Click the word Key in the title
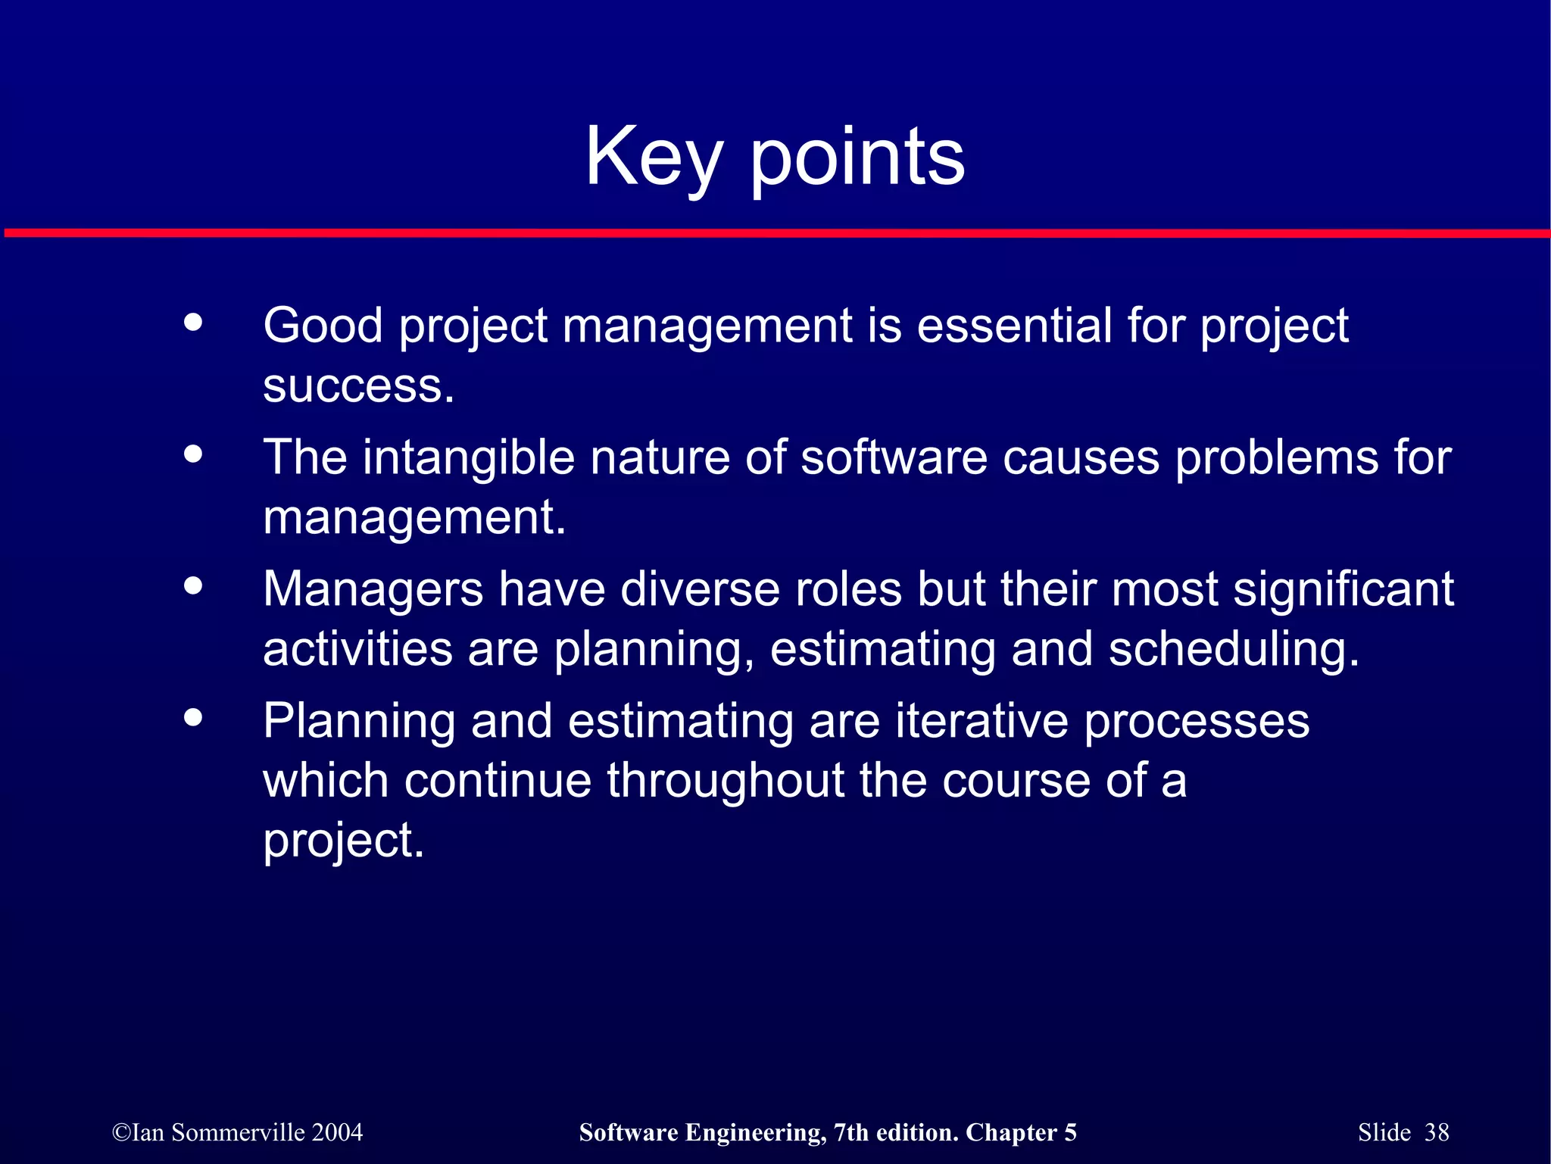[x=654, y=157]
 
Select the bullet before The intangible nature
[x=194, y=454]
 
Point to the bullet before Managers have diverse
[x=194, y=585]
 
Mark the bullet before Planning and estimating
[x=194, y=716]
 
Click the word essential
[x=1013, y=326]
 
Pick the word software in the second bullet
[x=894, y=457]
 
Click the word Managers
[x=373, y=589]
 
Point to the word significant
[x=1343, y=589]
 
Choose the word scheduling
[x=1233, y=649]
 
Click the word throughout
[x=726, y=781]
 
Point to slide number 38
[x=1436, y=1132]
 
